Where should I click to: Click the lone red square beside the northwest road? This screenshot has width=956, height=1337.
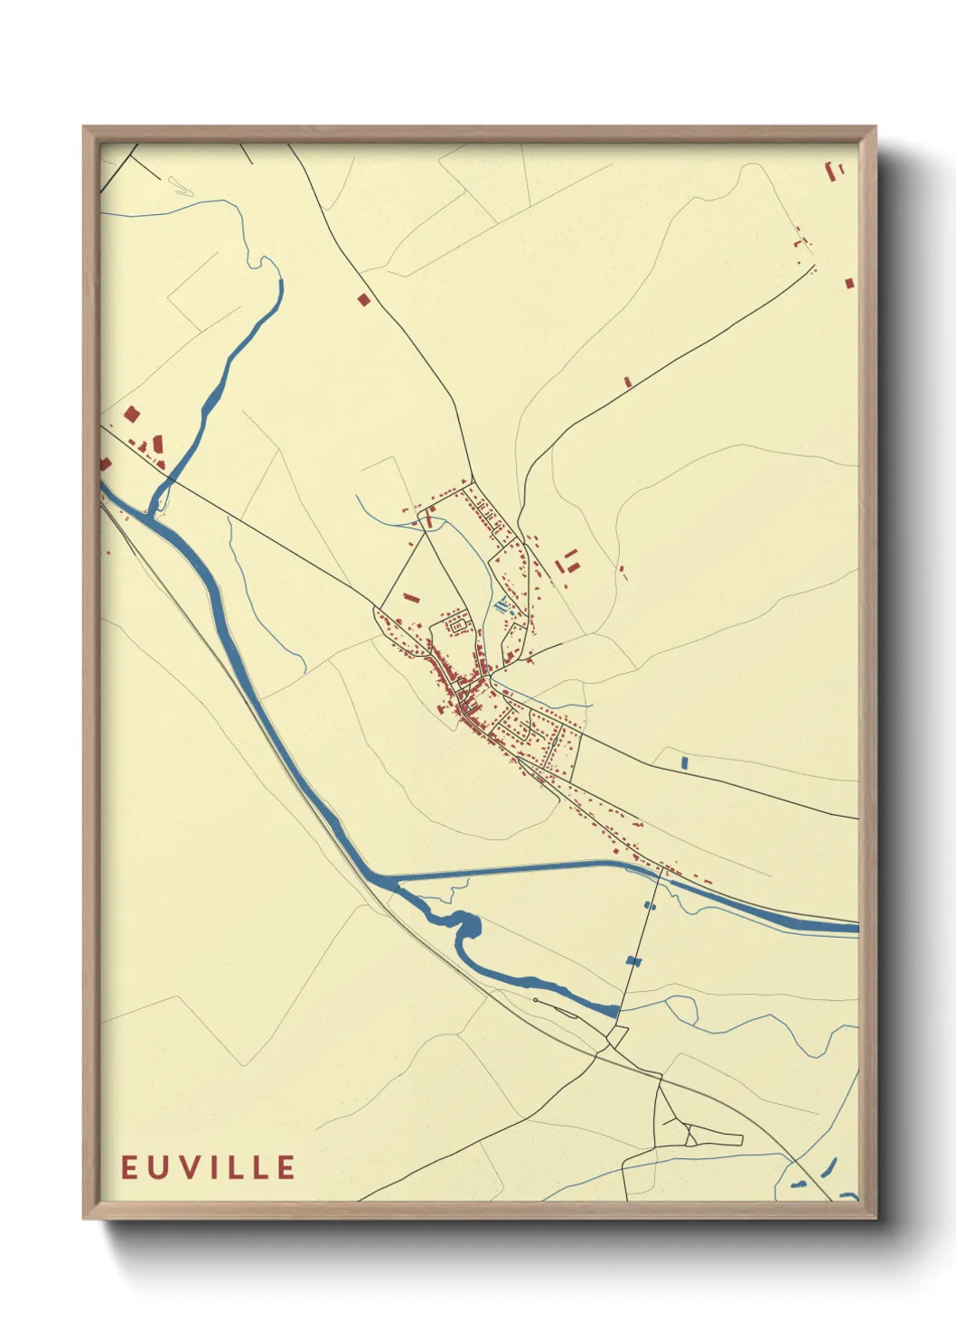363,299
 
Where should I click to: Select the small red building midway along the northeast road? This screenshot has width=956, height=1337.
627,382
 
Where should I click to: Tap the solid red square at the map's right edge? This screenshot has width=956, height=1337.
849,284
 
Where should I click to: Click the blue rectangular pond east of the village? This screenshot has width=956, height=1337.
684,763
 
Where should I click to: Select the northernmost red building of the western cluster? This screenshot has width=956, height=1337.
132,415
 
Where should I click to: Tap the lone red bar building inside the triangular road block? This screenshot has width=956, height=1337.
411,597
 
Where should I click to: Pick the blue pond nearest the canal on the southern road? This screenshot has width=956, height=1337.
649,905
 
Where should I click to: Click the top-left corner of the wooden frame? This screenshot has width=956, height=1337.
85,128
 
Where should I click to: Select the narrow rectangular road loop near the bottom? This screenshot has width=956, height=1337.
713,1136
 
